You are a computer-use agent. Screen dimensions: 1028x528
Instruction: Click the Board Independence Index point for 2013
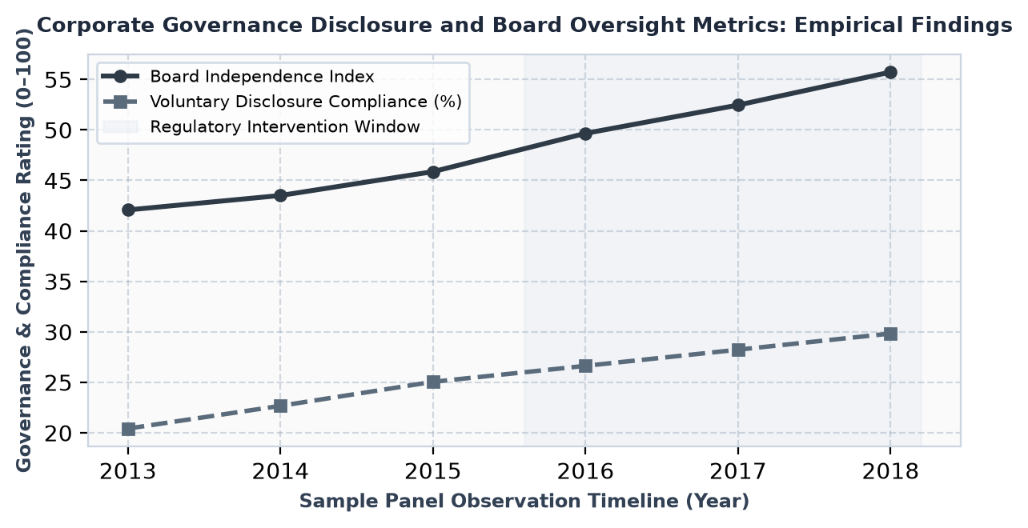[x=128, y=210]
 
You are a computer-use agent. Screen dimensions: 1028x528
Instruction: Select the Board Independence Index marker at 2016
[x=585, y=134]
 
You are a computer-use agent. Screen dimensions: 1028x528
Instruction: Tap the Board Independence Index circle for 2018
[x=890, y=73]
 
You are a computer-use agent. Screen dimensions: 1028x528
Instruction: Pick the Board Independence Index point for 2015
[x=433, y=173]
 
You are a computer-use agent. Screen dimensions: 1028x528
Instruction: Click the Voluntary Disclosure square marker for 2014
[x=280, y=406]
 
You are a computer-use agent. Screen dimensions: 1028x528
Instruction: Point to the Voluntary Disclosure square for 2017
[x=738, y=350]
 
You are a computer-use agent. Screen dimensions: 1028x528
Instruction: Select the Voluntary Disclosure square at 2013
[x=128, y=430]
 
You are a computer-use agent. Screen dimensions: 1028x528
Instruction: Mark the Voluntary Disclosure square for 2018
[x=890, y=334]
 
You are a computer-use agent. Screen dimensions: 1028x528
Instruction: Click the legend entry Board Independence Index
[x=262, y=77]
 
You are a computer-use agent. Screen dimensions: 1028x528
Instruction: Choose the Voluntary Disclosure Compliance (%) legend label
[x=306, y=102]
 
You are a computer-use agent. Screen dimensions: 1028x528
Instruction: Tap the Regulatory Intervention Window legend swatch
[x=120, y=126]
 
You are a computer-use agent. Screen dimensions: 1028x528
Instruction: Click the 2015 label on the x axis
[x=433, y=471]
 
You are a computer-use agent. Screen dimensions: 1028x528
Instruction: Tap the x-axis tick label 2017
[x=738, y=471]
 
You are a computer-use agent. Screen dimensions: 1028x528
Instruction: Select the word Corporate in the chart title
[x=96, y=25]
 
